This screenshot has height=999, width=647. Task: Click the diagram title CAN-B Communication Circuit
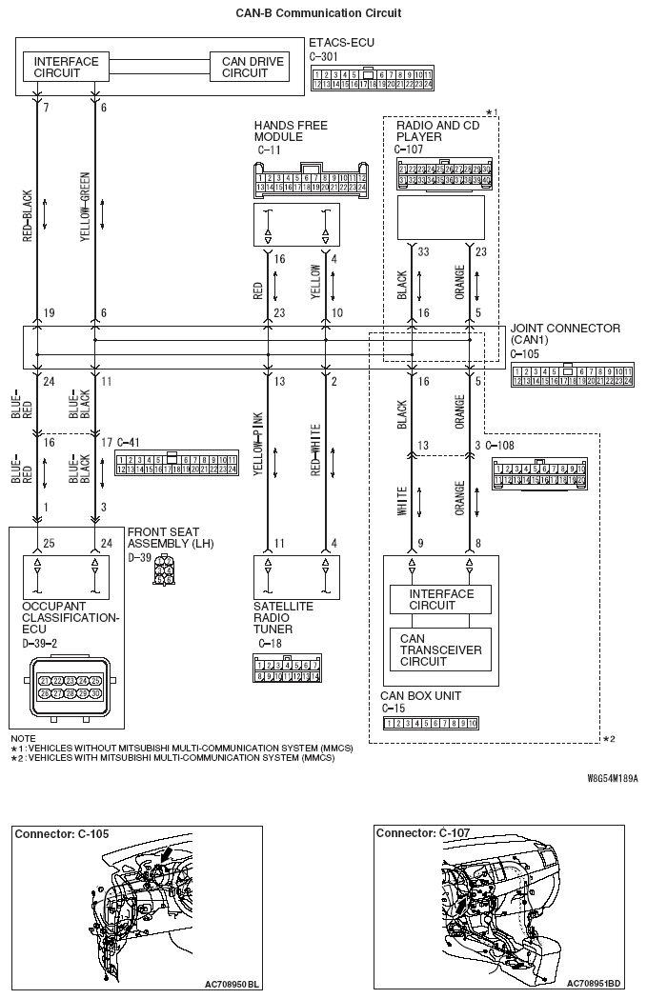(317, 13)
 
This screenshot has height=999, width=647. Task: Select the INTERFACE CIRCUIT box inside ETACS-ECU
(66, 68)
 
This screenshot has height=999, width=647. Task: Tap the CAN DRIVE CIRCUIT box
(253, 68)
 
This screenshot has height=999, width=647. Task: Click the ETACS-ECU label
(341, 44)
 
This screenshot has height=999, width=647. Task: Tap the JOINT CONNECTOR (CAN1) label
(564, 334)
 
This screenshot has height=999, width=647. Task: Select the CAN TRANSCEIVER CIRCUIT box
(439, 649)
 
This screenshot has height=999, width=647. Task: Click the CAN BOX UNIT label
(420, 696)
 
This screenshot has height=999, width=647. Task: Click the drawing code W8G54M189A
(613, 777)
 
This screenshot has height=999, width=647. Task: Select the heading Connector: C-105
(62, 834)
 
